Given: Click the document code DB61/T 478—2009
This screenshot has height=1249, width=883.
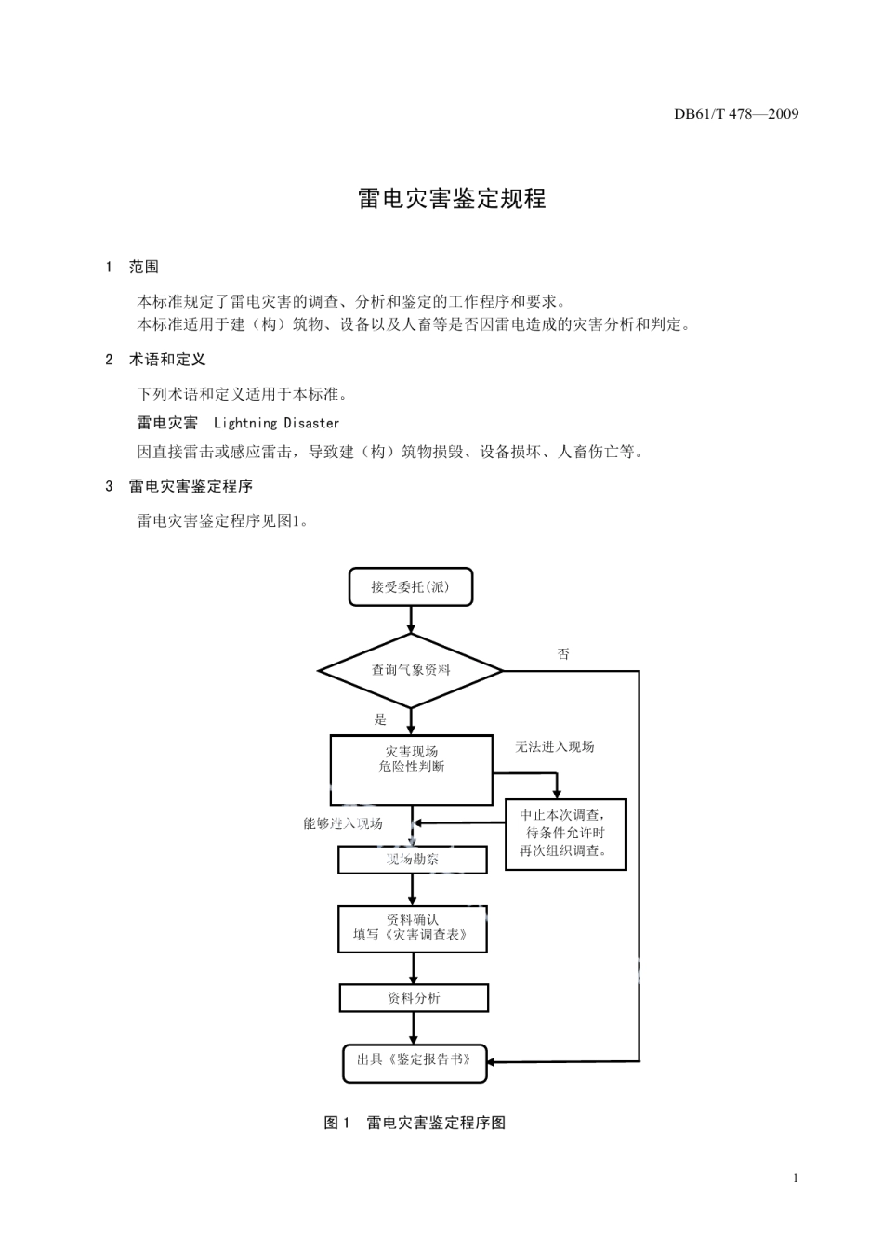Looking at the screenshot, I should click(736, 114).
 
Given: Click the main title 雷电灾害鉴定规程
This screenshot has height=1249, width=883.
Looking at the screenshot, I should click(453, 199).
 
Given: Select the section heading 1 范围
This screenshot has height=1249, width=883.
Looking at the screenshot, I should click(133, 267).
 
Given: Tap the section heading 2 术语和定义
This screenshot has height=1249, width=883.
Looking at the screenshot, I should click(155, 359).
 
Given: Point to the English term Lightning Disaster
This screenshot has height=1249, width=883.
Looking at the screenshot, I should click(276, 423).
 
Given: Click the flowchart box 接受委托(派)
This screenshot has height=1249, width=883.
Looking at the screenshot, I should click(410, 587).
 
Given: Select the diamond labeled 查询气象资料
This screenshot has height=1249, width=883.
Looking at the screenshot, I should click(411, 669).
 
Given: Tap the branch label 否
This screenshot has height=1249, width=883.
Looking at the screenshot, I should click(563, 654).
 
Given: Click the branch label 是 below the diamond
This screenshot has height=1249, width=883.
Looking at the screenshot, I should click(380, 719).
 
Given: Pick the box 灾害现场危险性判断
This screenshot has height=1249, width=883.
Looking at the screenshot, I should click(411, 769).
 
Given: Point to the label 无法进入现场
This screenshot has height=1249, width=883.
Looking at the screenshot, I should click(554, 746).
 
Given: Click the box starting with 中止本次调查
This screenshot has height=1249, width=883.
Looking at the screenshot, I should click(565, 834).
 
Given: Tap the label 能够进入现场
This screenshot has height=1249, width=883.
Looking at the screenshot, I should click(342, 823).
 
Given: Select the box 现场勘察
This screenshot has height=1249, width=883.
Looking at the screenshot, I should click(412, 860).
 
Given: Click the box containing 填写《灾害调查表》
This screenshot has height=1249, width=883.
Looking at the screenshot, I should click(412, 928).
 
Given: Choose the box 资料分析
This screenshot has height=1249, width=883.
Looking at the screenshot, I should click(414, 998).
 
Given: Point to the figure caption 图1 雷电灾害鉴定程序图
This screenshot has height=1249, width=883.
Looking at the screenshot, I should click(415, 1123).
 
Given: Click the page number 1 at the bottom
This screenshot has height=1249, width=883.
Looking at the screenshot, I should click(796, 1178).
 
